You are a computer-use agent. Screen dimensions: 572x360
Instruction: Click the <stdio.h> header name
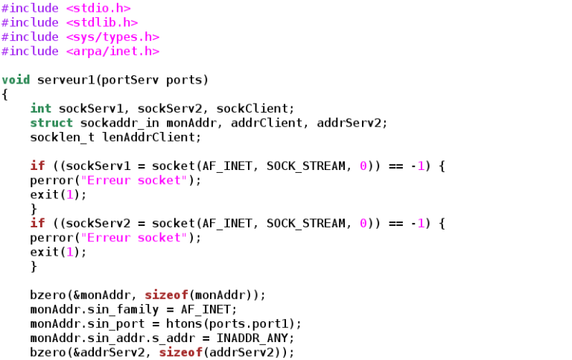(98, 8)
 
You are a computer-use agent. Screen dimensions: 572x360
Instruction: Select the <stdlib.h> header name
(102, 22)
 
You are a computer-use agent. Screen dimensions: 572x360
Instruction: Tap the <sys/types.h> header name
(112, 37)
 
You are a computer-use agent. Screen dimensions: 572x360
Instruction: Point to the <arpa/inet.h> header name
(112, 51)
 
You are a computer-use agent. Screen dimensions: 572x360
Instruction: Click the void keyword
(16, 80)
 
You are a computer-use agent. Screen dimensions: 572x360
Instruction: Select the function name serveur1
(66, 80)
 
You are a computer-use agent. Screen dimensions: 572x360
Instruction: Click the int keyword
(41, 108)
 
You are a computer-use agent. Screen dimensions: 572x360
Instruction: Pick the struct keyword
(51, 123)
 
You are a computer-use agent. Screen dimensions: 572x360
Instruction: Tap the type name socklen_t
(63, 138)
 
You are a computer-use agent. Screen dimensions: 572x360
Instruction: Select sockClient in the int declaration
(252, 108)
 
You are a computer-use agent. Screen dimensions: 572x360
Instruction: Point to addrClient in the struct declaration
(267, 123)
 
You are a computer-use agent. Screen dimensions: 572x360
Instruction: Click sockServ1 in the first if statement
(98, 166)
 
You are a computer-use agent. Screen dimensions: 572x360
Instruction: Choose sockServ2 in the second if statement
(98, 224)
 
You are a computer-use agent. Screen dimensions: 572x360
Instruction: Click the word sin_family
(124, 309)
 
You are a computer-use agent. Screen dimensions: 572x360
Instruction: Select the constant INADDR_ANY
(252, 338)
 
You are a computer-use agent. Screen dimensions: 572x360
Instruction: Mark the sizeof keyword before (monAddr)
(166, 295)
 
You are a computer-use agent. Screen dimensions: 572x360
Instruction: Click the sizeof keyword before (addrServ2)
(180, 353)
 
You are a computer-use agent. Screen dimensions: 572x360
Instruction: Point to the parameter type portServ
(130, 80)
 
